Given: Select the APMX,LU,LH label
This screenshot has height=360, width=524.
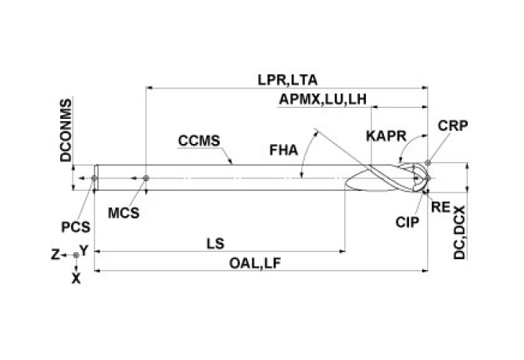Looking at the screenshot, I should (322, 99).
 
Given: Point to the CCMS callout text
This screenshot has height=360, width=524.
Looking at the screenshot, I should (199, 141).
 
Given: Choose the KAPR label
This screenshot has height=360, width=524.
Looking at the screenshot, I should (386, 136).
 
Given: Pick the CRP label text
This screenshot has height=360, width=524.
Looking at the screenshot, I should (453, 125).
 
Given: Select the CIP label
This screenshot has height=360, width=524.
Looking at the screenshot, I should (407, 221).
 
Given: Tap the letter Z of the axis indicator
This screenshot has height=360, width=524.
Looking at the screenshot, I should (55, 255).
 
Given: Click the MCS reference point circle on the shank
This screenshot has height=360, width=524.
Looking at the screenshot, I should (145, 178).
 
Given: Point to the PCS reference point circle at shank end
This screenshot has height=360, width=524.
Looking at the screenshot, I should (94, 178).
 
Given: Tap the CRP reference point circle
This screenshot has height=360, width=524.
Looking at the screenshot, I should (429, 163).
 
